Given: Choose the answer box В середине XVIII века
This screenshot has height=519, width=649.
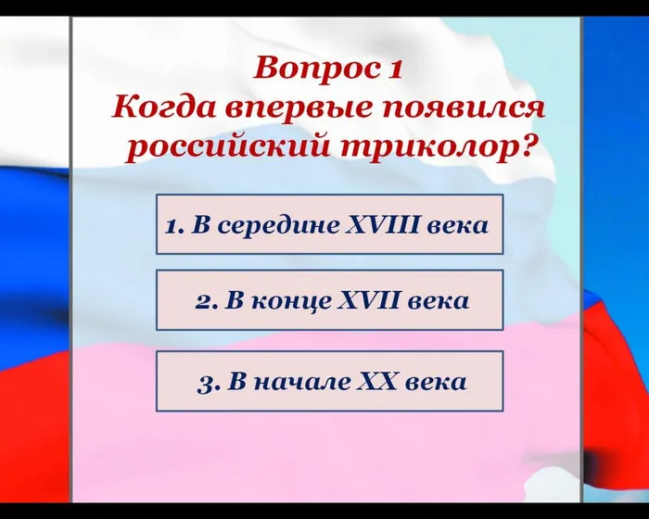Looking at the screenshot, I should point(329,224).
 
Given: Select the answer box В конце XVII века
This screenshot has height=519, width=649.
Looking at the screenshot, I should point(329,300).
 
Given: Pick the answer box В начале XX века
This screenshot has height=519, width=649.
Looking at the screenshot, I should point(329,381).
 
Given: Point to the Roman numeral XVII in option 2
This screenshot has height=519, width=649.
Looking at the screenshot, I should point(369,301).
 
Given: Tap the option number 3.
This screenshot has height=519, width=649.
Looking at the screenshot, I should point(205,382).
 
